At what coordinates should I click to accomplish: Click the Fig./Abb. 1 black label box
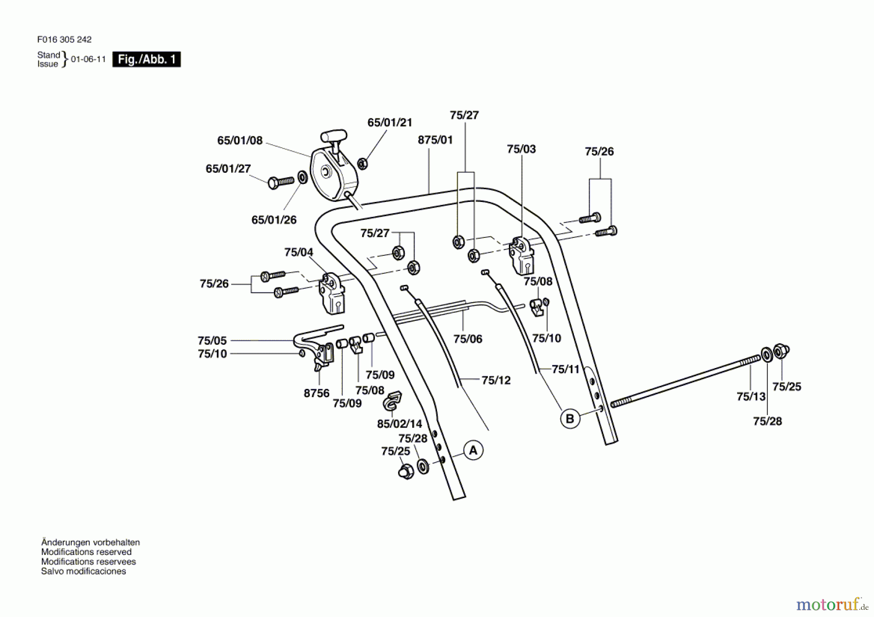tap(146, 59)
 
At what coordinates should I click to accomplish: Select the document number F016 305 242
tap(64, 39)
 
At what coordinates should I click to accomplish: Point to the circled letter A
tap(473, 450)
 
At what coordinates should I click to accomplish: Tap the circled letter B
tap(570, 418)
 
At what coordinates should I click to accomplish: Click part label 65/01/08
tap(239, 140)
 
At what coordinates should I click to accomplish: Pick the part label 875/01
tap(435, 140)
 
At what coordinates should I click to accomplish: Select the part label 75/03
tap(521, 149)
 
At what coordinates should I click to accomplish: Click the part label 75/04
tap(299, 252)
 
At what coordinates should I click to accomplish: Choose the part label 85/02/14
tap(399, 424)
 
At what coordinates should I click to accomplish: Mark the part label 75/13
tap(751, 397)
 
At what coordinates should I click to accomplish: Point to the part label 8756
tap(317, 393)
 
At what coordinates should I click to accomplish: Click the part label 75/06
tap(468, 339)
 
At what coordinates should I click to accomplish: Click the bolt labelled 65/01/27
tap(281, 182)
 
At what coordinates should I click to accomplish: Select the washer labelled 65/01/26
tap(302, 177)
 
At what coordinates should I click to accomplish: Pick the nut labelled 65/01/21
tap(362, 164)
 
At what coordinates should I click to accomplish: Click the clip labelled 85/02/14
tap(392, 401)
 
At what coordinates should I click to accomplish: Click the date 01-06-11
tap(88, 59)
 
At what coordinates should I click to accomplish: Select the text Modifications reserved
tap(86, 552)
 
